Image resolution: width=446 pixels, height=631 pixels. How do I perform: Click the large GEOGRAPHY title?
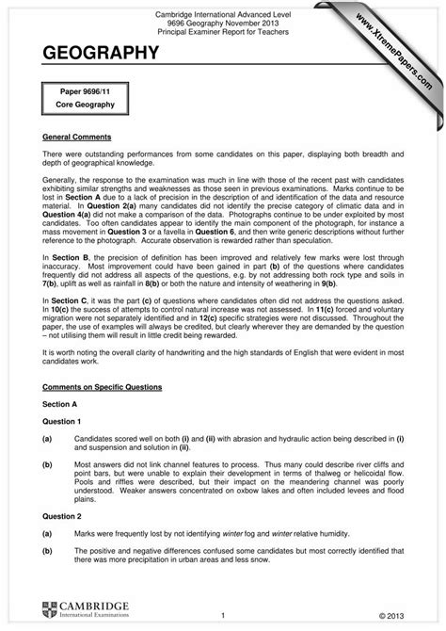click(x=100, y=56)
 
